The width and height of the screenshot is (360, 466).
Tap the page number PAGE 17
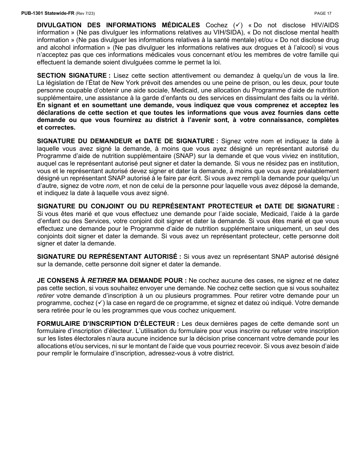(323, 13)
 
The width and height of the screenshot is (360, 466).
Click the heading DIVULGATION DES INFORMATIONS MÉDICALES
(118, 25)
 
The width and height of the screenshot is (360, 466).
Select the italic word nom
(112, 186)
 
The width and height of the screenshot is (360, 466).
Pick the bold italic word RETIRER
(102, 280)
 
